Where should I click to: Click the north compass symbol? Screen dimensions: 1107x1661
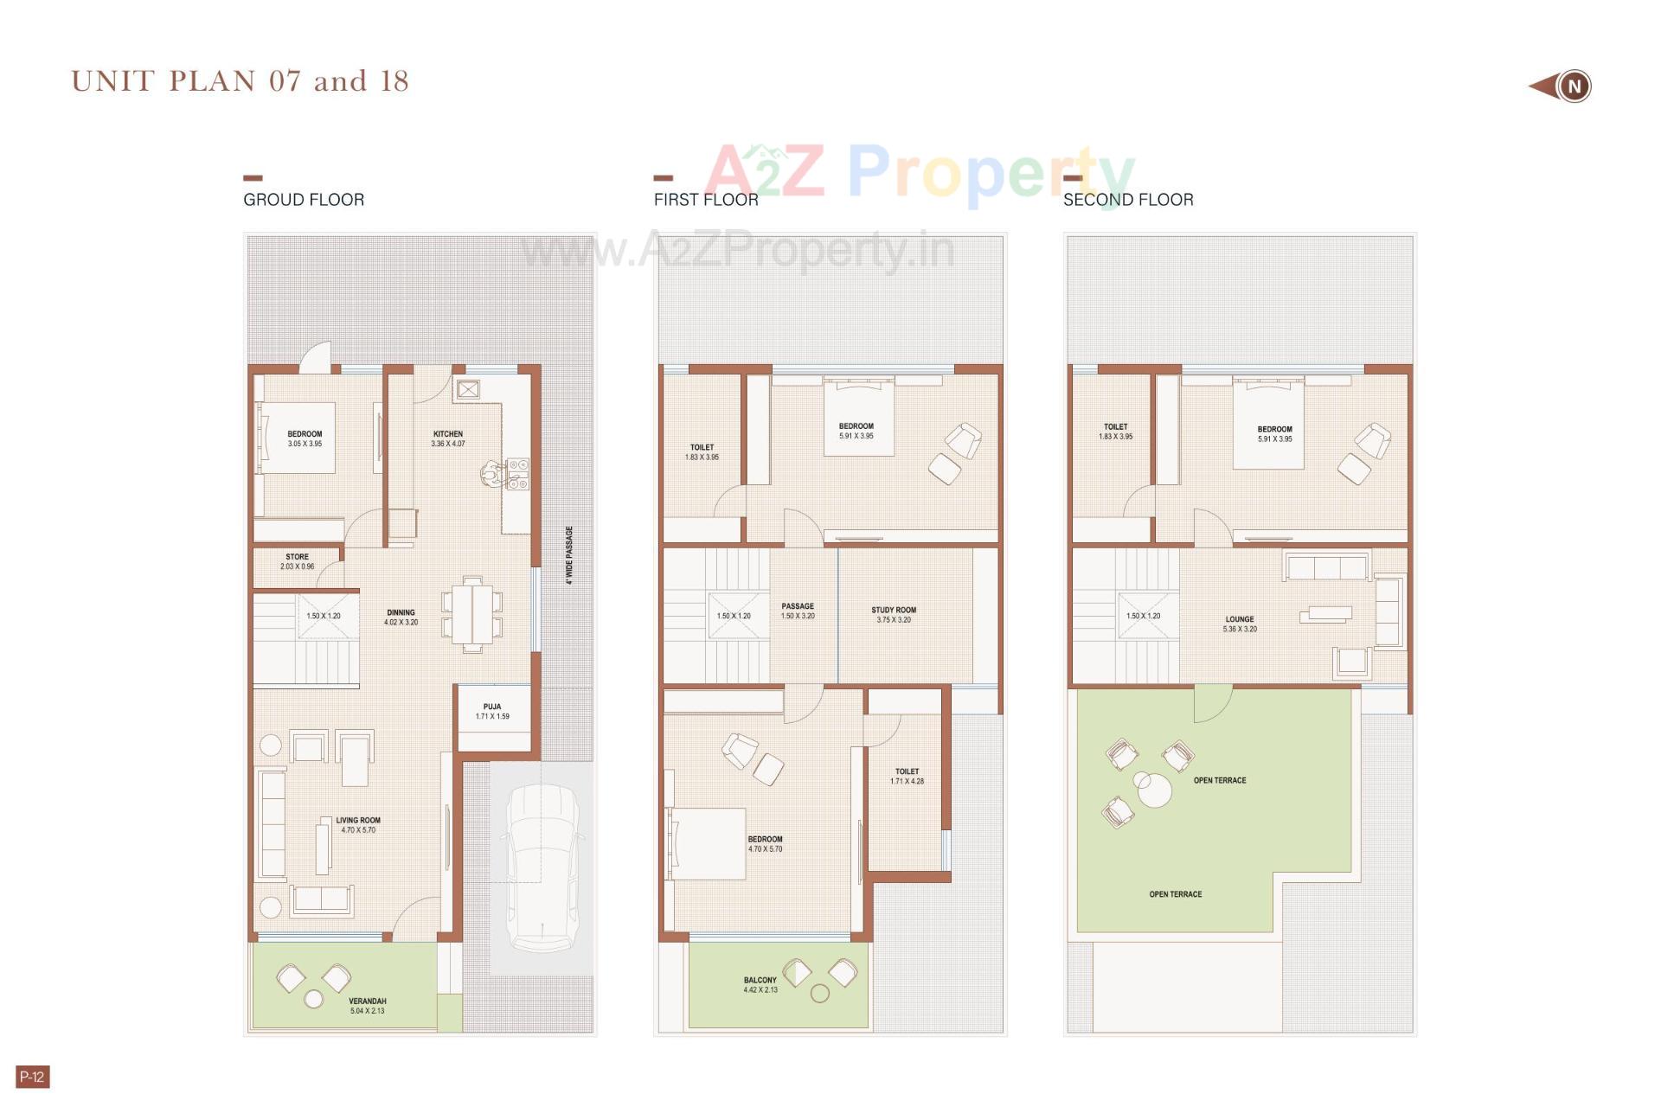coord(1573,86)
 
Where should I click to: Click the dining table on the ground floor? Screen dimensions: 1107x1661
coord(472,615)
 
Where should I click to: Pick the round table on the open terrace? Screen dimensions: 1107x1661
coord(1154,790)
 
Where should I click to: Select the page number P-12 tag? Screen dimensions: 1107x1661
coord(33,1077)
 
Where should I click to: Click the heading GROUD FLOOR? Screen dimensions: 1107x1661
coord(304,200)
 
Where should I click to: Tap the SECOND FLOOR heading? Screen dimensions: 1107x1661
coord(1128,200)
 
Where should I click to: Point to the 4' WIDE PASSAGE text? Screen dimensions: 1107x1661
coord(569,555)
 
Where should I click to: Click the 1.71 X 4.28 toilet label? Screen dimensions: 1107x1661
coord(907,781)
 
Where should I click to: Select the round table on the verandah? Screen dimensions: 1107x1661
coord(314,999)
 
